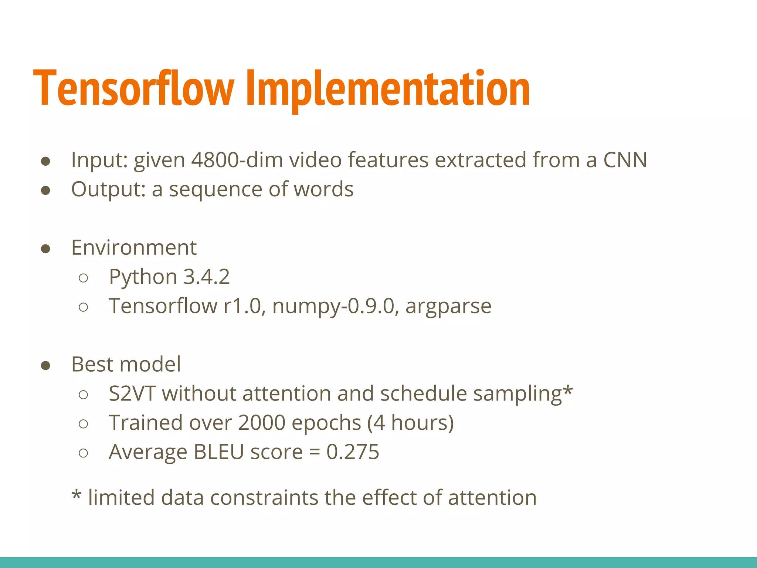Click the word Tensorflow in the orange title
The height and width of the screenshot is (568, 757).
(x=133, y=89)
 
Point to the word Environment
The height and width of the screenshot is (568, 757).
(x=134, y=247)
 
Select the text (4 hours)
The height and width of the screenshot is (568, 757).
(x=410, y=423)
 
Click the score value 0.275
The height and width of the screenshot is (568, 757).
(x=353, y=452)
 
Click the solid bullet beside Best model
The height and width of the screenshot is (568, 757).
(x=45, y=365)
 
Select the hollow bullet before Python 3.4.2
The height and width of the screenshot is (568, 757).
(x=84, y=278)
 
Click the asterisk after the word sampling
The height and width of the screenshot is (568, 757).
(x=568, y=390)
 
